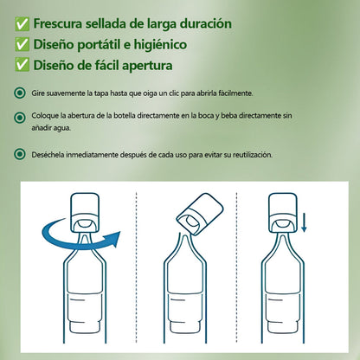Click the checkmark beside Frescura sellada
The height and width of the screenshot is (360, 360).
coord(22,24)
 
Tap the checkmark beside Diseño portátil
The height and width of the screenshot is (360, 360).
coord(22,44)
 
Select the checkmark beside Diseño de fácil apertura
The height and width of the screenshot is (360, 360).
coord(22,65)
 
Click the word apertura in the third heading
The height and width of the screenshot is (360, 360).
coord(147,66)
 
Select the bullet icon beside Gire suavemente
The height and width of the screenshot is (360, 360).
coord(20,93)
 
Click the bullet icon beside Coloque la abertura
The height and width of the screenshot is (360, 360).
coord(20,118)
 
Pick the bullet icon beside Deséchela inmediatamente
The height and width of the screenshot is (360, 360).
coord(20,154)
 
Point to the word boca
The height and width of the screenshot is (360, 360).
coord(206,116)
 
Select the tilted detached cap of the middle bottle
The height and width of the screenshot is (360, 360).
coord(201,214)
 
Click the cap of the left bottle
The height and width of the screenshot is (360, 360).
coord(85,213)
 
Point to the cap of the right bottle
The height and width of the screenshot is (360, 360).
coord(283,213)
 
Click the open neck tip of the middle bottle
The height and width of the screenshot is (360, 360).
coord(184,235)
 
